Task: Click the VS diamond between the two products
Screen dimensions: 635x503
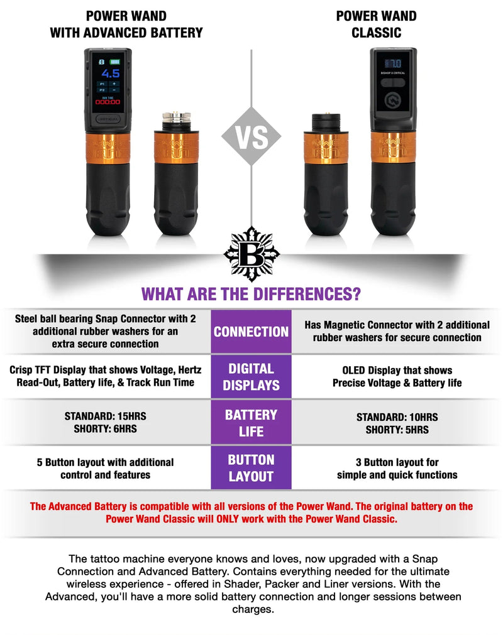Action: (251, 136)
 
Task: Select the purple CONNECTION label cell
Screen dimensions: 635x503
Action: (251, 332)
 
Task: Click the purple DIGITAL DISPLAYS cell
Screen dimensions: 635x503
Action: (251, 377)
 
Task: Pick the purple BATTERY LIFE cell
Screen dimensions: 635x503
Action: (251, 423)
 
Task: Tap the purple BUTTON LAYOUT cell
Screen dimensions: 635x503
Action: (251, 468)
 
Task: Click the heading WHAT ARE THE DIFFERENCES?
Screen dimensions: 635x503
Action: (251, 293)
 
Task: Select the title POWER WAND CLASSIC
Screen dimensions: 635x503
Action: (376, 24)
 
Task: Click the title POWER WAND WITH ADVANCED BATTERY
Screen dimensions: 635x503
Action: (126, 24)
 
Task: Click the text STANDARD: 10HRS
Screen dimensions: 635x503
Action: (397, 417)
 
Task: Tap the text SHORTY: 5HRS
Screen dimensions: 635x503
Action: (397, 430)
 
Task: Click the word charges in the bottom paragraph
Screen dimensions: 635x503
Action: (252, 609)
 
